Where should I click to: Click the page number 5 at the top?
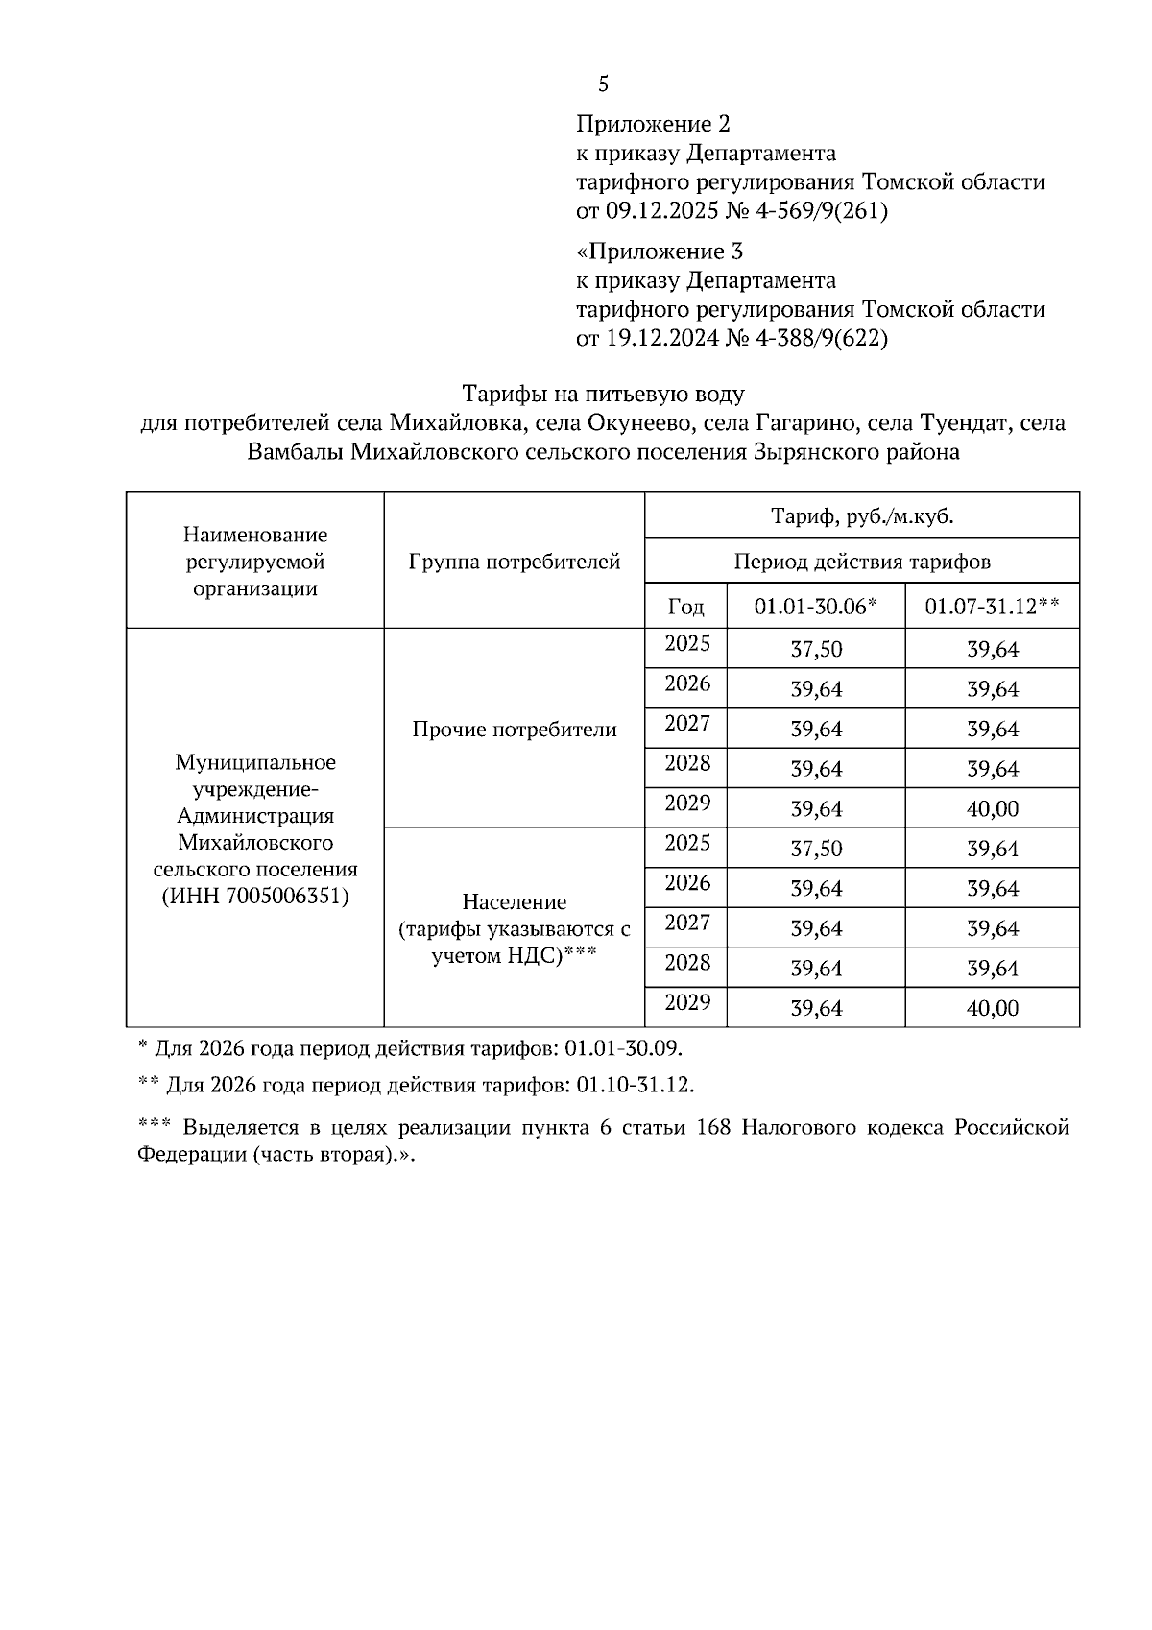[603, 84]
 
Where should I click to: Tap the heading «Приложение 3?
[660, 252]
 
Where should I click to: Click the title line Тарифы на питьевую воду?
[603, 394]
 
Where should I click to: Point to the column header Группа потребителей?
[514, 562]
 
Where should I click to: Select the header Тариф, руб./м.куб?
[861, 516]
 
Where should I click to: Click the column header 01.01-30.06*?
[815, 607]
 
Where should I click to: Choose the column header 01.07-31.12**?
[992, 607]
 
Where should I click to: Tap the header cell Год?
[685, 607]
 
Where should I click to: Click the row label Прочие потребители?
[514, 730]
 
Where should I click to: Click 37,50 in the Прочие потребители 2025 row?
[816, 650]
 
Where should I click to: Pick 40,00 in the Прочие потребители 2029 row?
[992, 809]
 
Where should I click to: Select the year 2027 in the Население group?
[686, 923]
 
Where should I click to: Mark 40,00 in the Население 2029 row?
[992, 1008]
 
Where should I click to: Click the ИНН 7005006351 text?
[254, 897]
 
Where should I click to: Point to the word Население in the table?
[514, 902]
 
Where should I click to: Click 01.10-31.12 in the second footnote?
[635, 1086]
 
